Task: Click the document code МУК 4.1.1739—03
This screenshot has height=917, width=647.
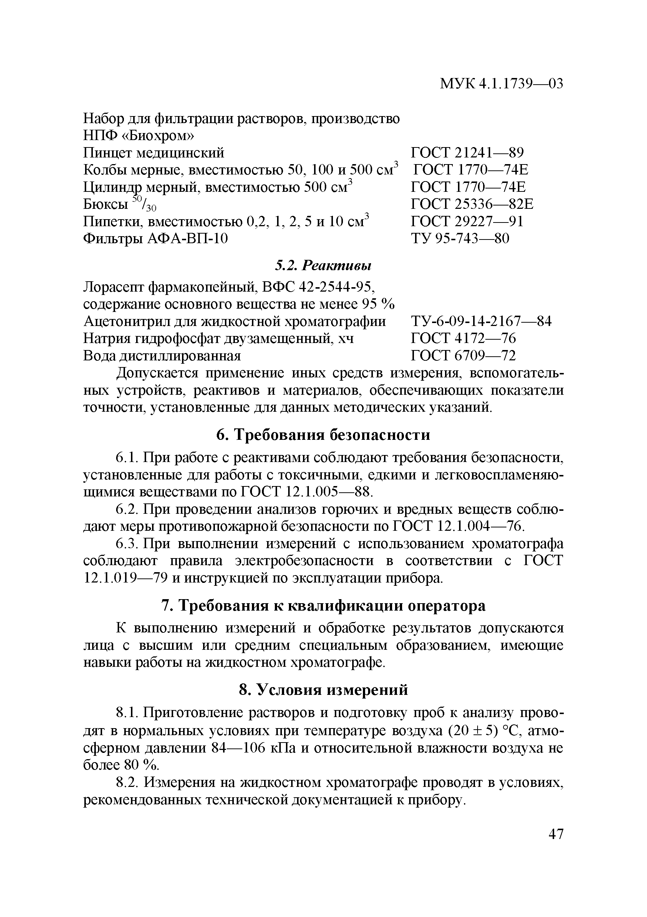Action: click(501, 84)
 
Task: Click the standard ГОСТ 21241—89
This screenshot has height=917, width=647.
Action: click(467, 153)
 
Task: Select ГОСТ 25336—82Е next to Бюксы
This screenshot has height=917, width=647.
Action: click(472, 204)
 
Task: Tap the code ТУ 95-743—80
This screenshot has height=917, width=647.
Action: click(460, 238)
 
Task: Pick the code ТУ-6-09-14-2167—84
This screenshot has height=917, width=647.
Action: click(481, 321)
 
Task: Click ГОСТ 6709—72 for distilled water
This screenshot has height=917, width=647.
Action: click(463, 355)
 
